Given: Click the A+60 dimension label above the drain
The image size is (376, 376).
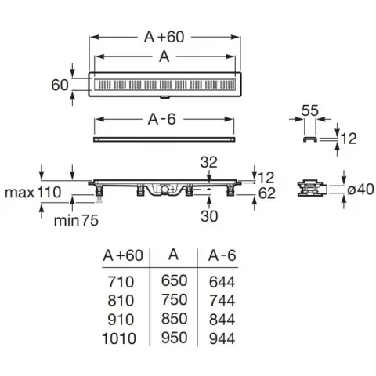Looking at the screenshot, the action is pos(164,37).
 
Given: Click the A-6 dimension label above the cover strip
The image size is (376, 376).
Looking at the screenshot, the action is pos(162,120).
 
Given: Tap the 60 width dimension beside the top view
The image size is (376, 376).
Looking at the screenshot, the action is pos(60,85).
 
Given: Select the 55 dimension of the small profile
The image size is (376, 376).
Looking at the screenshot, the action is pos(310,110).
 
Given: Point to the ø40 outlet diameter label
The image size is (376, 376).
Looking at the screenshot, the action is pos(360,189).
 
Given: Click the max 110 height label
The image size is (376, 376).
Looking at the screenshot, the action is pos(33,193).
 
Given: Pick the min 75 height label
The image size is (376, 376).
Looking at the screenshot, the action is pos(76,221).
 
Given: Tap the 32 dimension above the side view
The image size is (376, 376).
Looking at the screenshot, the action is pos(208,162).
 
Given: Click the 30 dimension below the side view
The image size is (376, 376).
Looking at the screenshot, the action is pos(209,216).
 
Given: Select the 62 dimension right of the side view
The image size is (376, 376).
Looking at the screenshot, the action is pos(267,193).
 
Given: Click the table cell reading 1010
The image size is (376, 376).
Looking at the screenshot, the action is pos(119,338).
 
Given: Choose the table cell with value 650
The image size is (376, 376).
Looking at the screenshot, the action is pos(174,280).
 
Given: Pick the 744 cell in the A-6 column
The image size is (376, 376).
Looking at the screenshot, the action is pos(222,301).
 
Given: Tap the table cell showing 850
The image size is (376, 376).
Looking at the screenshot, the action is pos(174,319).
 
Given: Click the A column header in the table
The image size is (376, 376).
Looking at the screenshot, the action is pos(174,255).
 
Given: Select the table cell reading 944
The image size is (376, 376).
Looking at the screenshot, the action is pos(222,338).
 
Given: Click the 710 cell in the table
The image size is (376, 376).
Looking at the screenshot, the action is pos(121,282).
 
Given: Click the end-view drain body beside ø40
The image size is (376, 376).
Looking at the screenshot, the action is pos(312,188).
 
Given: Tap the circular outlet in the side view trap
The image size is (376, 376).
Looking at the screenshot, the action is pos(164,189).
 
